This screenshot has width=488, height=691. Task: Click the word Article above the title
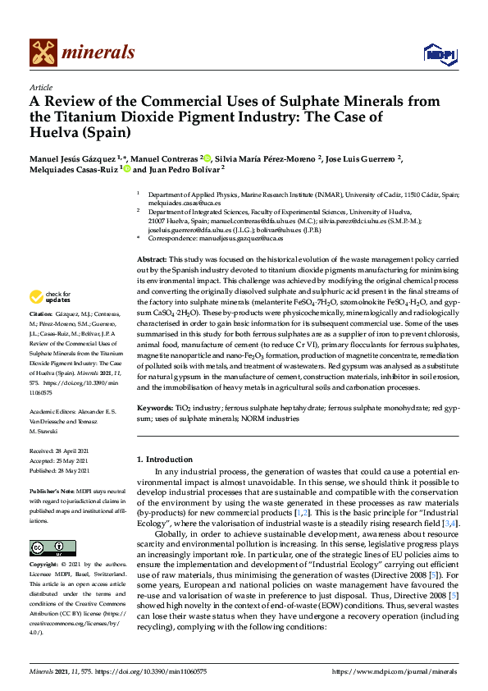40,87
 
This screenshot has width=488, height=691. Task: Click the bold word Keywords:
154,407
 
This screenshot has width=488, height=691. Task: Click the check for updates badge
51,297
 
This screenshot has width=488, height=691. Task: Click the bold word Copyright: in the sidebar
44,542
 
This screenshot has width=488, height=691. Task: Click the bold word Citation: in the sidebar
40,314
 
